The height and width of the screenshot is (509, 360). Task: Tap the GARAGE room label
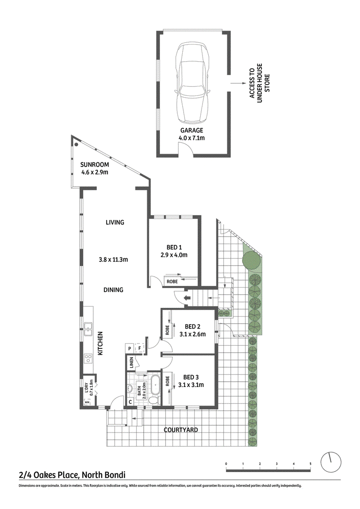coord(192,131)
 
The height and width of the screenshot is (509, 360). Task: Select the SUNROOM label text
coord(94,165)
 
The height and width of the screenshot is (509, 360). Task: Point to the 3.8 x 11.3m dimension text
coord(113,260)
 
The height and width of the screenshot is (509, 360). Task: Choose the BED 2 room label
coord(193,327)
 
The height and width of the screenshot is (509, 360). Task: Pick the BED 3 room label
coord(191,377)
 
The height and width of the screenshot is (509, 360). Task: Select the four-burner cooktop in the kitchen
coord(88,358)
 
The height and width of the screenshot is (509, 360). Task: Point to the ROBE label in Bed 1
coord(172,281)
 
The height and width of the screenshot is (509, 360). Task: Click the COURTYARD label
coord(181,430)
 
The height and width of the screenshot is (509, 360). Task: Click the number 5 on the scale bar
coord(310,464)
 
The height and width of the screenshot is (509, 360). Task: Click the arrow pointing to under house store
coord(238,83)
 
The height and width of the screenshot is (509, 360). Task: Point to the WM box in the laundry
coord(87,402)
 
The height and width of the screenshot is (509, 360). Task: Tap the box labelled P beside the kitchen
coord(130,348)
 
